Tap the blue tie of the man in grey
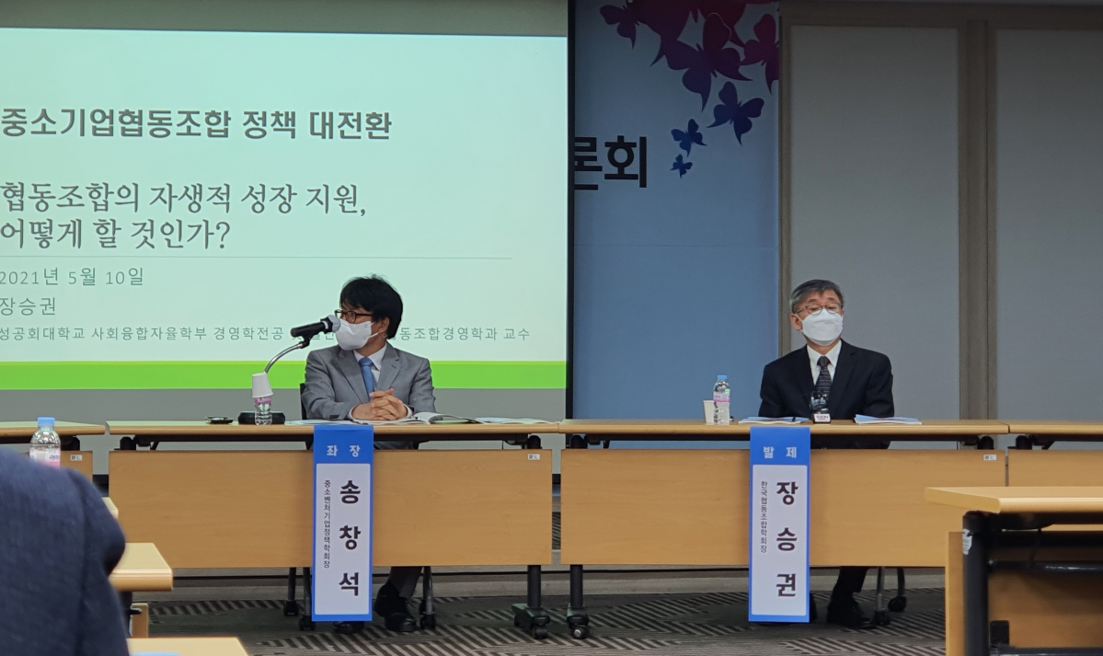click(368, 375)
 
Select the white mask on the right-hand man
click(822, 327)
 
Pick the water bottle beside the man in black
click(722, 399)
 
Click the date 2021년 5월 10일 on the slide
click(72, 276)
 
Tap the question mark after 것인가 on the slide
click(221, 237)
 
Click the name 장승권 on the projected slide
click(29, 306)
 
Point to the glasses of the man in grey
click(355, 316)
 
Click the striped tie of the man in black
click(822, 376)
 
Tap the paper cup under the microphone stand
click(262, 385)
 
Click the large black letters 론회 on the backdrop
click(611, 163)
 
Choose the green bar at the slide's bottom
click(276, 375)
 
